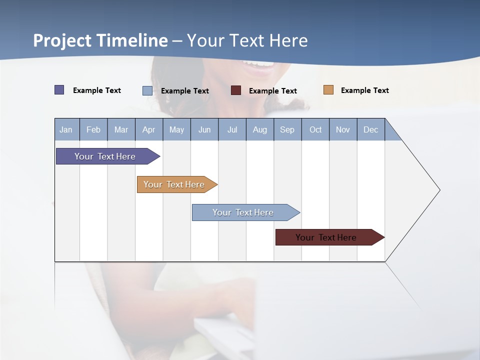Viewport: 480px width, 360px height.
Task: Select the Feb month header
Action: (x=93, y=129)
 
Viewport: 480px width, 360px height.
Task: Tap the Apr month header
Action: (x=149, y=129)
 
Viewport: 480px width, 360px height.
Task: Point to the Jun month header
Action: (x=204, y=129)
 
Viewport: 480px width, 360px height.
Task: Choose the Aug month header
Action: (x=260, y=129)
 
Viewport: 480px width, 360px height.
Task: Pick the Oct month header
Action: (x=315, y=129)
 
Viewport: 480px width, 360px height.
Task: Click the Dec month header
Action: (x=370, y=129)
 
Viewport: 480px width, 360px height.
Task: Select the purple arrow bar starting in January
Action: (x=108, y=156)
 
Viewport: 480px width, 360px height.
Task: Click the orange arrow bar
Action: (x=177, y=184)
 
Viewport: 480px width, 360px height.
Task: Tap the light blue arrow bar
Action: (x=246, y=212)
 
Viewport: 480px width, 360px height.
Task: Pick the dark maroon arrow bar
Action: (x=330, y=237)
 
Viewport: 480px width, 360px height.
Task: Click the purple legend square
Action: (x=59, y=89)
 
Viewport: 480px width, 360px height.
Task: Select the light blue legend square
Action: (x=147, y=90)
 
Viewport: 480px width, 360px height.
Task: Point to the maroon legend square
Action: (x=235, y=90)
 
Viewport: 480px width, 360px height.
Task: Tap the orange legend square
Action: (x=328, y=89)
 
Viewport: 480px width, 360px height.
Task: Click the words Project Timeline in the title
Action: (x=100, y=40)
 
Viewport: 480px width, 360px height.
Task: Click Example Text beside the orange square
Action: (x=365, y=90)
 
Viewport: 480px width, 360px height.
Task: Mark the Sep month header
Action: (x=287, y=129)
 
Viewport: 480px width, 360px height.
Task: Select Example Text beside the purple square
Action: (x=96, y=90)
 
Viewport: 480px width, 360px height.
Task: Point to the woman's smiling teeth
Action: (x=258, y=64)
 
